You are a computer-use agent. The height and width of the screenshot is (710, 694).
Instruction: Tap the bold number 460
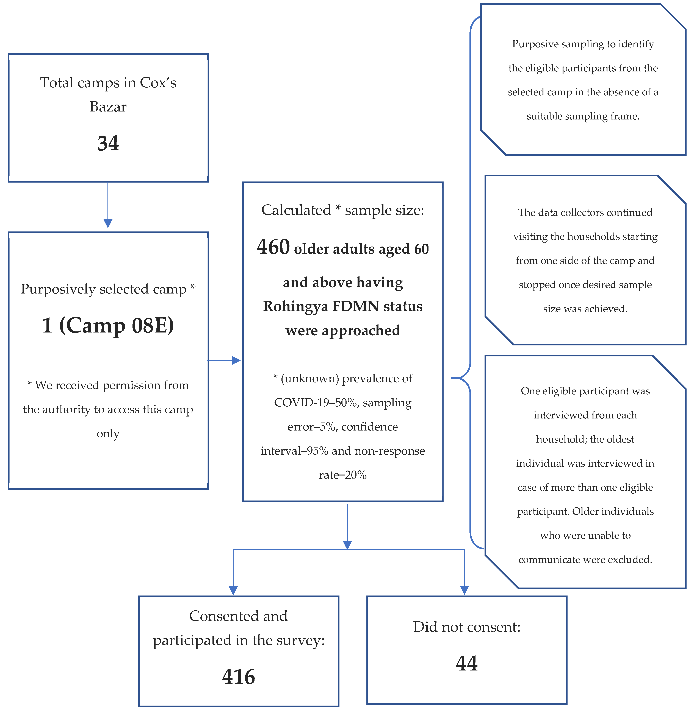pos(273,247)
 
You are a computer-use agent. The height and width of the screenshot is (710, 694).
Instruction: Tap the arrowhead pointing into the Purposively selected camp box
pos(108,223)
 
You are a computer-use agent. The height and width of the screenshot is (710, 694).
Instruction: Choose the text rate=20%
pos(343,475)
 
